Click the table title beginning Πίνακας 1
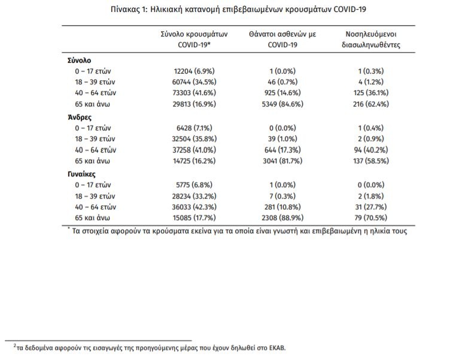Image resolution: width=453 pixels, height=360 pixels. [x=227, y=10]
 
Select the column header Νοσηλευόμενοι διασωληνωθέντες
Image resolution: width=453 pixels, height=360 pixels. [x=375, y=39]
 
